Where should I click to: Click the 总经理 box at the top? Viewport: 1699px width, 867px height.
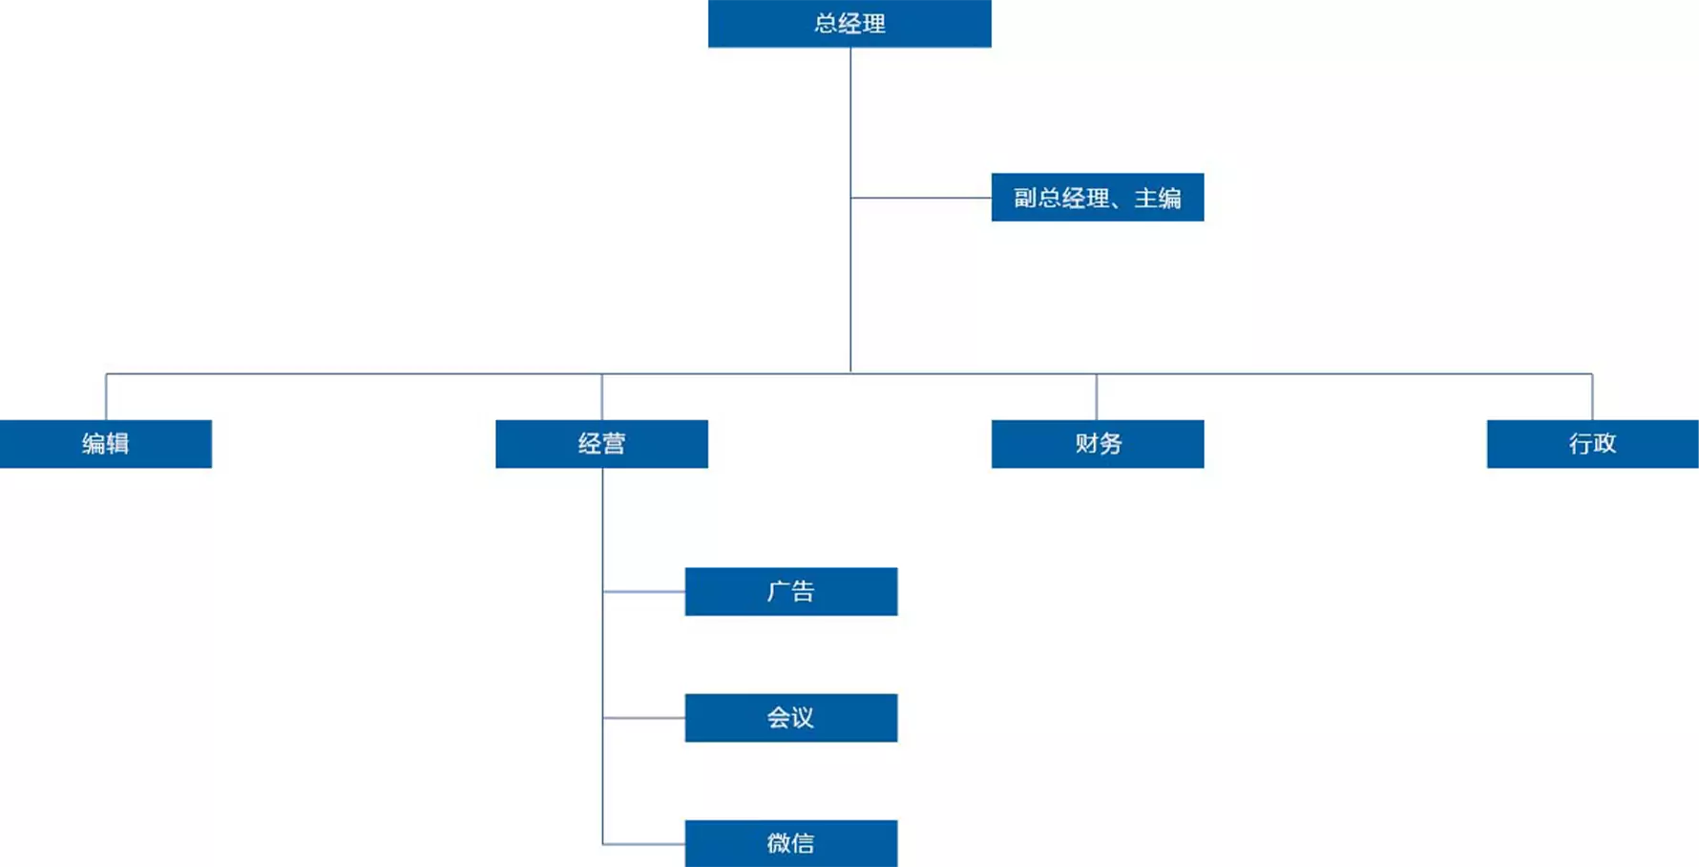coord(849,23)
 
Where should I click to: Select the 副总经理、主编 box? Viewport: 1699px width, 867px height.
coord(1098,198)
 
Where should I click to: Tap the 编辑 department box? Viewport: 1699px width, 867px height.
coord(106,444)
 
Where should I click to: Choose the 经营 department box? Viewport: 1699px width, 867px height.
coord(601,444)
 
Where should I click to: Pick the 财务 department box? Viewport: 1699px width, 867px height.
coord(1098,444)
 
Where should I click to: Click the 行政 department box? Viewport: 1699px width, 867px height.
coord(1592,444)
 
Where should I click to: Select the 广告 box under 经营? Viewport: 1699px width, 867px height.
coord(791,592)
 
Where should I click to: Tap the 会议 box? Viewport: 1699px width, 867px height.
coord(791,718)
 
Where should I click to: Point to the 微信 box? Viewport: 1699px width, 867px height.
coord(791,843)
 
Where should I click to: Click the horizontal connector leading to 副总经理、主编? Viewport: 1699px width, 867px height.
coord(921,198)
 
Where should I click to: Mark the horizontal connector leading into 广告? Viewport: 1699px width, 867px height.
coord(644,592)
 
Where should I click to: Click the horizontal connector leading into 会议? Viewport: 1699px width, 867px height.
coord(644,718)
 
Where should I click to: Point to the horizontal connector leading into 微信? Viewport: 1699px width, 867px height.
coord(644,844)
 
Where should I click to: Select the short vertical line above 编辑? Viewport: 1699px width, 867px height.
coord(106,397)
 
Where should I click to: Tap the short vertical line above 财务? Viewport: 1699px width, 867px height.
coord(1097,397)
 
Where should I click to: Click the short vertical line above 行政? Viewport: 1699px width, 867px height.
coord(1592,397)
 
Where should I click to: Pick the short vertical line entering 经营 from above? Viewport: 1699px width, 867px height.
coord(601,397)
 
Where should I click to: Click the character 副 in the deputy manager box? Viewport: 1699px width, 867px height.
coord(1025,199)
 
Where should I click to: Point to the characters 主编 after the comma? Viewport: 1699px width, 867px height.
coord(1158,199)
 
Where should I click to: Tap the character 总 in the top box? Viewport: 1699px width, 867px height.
coord(826,24)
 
